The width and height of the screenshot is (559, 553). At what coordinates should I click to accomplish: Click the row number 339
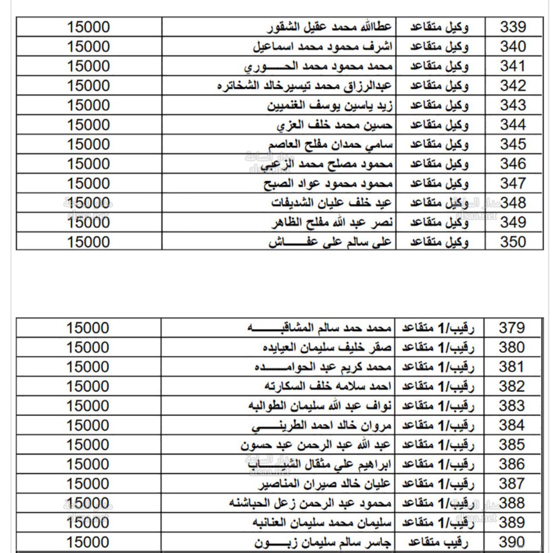coord(513,27)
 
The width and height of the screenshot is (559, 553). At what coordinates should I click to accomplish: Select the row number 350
coord(513,242)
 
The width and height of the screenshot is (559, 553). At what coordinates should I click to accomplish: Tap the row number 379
coord(512,328)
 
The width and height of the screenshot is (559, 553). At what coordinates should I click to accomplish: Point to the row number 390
coord(512,543)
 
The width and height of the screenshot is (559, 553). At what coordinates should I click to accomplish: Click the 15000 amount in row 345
coord(88,144)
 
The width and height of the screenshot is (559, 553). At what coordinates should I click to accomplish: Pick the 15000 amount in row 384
coord(88,425)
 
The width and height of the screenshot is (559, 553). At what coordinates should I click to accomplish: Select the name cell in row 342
coord(305,86)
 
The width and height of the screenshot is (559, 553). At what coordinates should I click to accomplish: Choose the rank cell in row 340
coord(439,47)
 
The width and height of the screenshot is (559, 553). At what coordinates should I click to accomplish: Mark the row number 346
coord(513,164)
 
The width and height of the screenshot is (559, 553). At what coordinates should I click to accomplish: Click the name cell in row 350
coord(330,242)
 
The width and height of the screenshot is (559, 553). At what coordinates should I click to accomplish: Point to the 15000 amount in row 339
coord(88,27)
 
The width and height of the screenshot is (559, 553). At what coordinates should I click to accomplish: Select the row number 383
coord(512,406)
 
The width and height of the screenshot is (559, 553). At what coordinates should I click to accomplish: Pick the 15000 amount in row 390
coord(88,543)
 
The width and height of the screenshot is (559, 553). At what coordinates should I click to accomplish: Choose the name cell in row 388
coord(310,504)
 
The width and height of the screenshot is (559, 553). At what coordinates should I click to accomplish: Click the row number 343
coord(513,105)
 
